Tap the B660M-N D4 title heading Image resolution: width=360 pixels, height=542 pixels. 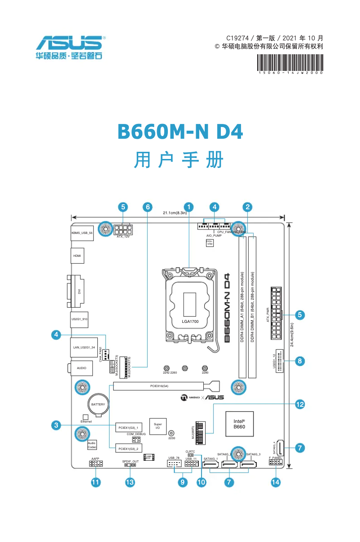(180, 132)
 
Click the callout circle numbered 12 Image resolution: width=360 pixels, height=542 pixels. (300, 404)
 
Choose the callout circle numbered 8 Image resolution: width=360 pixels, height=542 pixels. (300, 360)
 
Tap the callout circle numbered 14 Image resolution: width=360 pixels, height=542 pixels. (276, 482)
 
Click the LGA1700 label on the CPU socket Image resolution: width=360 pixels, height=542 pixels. (190, 322)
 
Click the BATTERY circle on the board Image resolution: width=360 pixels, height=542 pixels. (98, 405)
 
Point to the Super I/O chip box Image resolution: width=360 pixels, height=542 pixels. (158, 427)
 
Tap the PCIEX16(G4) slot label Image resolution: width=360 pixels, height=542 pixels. (159, 386)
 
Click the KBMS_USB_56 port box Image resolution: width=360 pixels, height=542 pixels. (82, 233)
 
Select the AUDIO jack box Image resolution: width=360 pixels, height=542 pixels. (81, 368)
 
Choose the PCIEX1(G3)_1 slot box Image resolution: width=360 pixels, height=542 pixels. (129, 427)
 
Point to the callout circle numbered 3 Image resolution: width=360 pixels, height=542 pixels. (56, 425)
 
